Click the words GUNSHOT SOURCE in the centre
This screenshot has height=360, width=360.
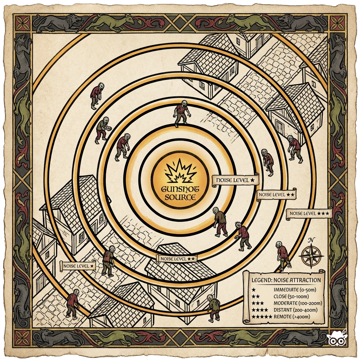[x=180, y=193]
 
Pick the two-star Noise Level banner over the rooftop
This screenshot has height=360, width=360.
[x=177, y=258]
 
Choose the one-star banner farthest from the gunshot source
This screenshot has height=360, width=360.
[x=78, y=266]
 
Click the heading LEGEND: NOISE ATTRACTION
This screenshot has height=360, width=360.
[x=286, y=280]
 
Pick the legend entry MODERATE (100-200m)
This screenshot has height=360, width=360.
[x=297, y=303]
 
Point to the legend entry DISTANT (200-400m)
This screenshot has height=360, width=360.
[x=295, y=310]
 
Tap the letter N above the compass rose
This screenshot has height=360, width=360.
[x=311, y=240]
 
